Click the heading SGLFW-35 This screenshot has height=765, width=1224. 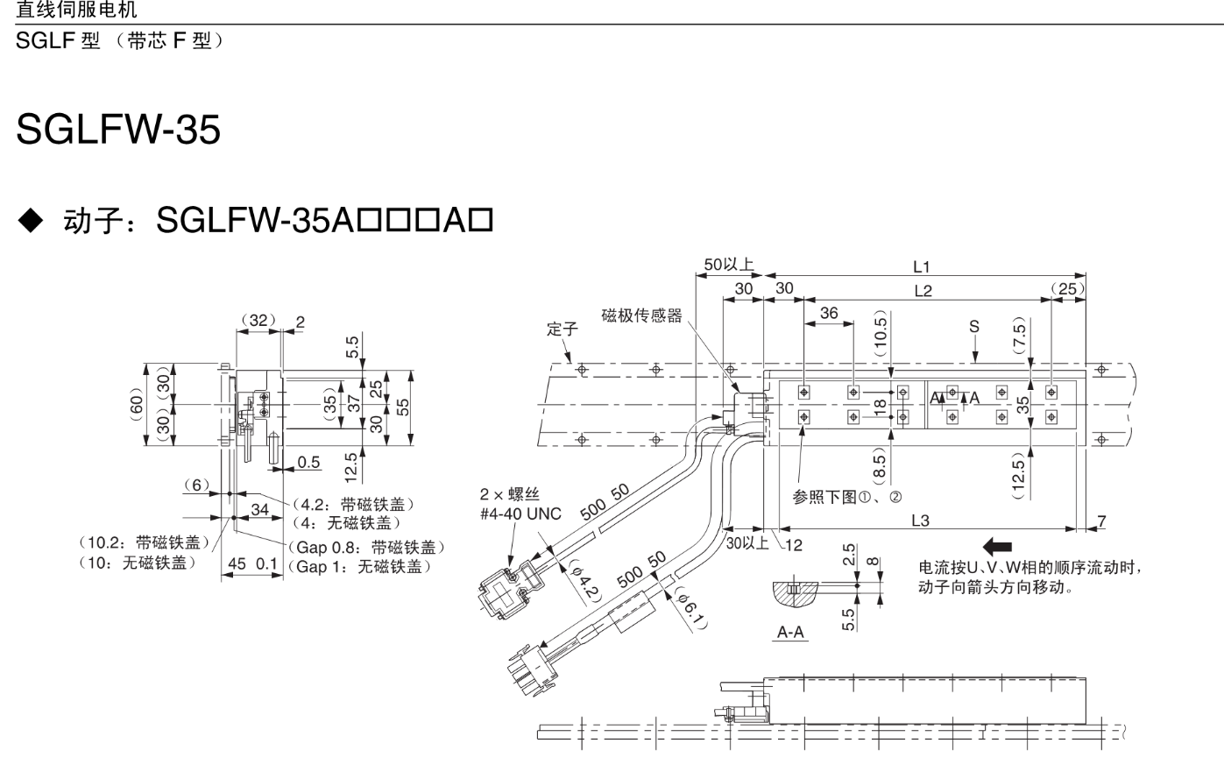[118, 131]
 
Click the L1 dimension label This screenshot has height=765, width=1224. [921, 266]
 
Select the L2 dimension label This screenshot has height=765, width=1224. [923, 291]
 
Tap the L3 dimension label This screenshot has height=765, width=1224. [920, 521]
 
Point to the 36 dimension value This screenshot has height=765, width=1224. [828, 313]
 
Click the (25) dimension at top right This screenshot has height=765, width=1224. [1068, 288]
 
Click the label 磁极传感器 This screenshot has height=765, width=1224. [641, 315]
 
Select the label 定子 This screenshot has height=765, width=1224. [562, 329]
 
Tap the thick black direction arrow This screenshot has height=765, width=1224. [997, 547]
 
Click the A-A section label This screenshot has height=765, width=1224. [790, 632]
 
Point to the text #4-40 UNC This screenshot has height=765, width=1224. [520, 514]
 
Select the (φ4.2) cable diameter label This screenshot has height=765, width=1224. [584, 580]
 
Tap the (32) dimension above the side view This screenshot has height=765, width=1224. [258, 321]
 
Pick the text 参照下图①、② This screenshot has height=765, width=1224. [846, 497]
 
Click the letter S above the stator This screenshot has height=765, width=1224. [974, 327]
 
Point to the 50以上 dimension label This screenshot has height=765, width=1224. [728, 265]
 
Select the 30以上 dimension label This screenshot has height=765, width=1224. [747, 543]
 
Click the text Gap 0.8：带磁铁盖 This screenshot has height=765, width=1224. [366, 548]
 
